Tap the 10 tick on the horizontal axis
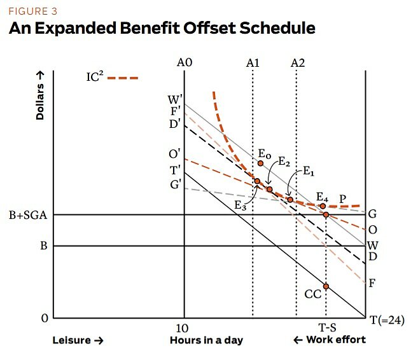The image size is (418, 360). [183, 328]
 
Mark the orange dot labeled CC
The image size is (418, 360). [326, 286]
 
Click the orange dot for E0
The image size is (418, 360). [260, 163]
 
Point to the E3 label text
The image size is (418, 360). [239, 205]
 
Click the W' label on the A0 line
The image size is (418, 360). [174, 100]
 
